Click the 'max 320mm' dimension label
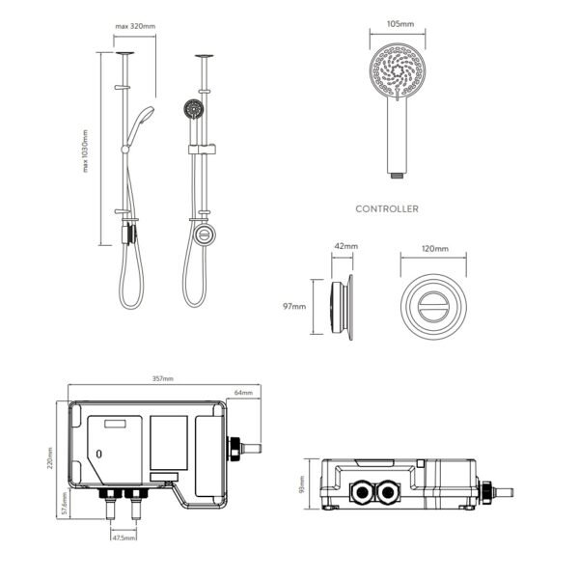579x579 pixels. coord(135,26)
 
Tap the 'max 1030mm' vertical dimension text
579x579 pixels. coord(85,152)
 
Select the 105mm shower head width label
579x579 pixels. coord(400,24)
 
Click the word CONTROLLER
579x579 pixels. coord(387,209)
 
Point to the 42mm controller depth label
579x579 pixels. coord(346,246)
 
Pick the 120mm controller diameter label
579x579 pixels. coord(435,249)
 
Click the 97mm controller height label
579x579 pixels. coord(294,307)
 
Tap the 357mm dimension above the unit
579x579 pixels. coord(163,379)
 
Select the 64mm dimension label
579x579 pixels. coord(243,393)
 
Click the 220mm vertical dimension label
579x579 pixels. coord(50,458)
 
